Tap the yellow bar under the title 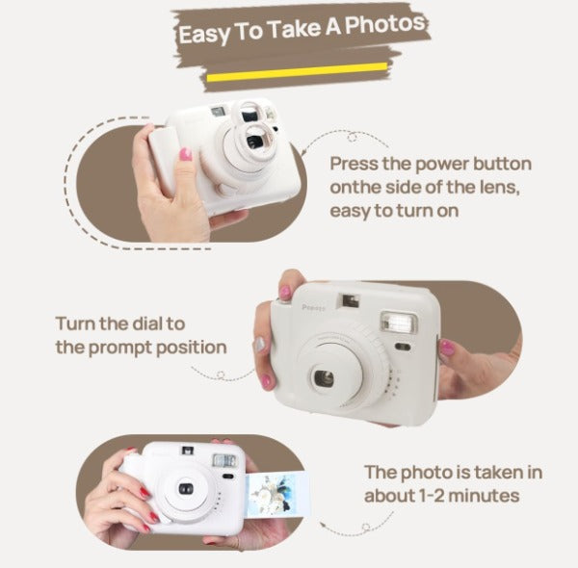(298, 73)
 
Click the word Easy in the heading (205, 35)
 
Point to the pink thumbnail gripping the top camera (184, 154)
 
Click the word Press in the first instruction (355, 164)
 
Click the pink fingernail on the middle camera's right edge (446, 349)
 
